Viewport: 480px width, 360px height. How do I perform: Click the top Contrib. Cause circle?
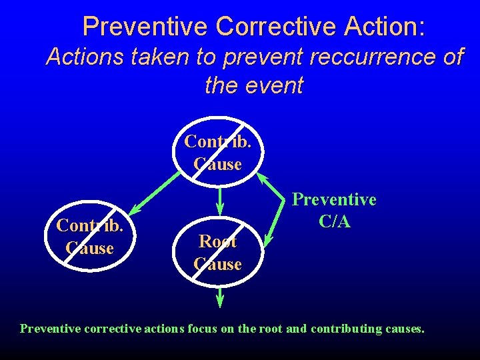click(217, 152)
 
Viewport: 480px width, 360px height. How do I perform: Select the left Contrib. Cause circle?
click(90, 237)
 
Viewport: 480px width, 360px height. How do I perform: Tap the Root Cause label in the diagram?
click(217, 253)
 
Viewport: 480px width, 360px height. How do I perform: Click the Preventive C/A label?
click(335, 210)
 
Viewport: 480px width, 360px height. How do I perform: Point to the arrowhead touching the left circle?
click(136, 207)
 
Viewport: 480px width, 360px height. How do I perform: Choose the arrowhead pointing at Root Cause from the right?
click(268, 238)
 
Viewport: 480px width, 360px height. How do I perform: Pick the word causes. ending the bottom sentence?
click(402, 328)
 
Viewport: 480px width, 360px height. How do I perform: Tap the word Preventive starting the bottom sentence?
click(46, 328)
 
